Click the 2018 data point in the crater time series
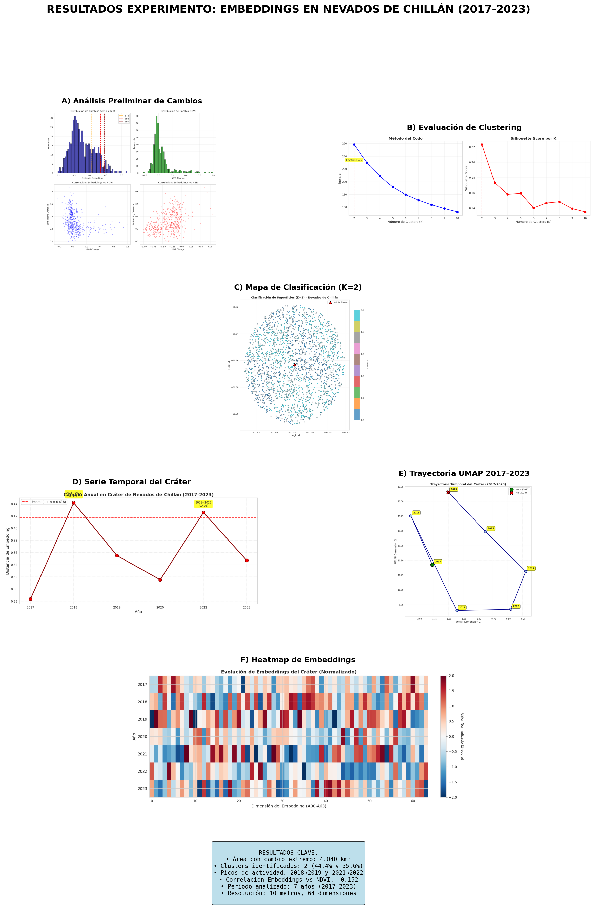point(73,503)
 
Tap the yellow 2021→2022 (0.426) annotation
point(203,504)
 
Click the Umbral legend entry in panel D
point(44,502)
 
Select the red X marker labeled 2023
point(448,492)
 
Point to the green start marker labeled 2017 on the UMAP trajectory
point(432,565)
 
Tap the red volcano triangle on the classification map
point(294,365)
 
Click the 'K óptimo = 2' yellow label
point(354,160)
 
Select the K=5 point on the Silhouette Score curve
point(521,193)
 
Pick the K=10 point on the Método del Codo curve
point(457,212)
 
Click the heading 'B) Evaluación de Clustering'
point(464,128)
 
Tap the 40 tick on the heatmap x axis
point(326,801)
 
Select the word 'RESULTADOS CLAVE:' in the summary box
point(288,853)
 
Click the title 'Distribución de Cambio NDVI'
point(178,111)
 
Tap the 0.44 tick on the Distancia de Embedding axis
point(14,504)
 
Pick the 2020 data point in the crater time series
point(160,580)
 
